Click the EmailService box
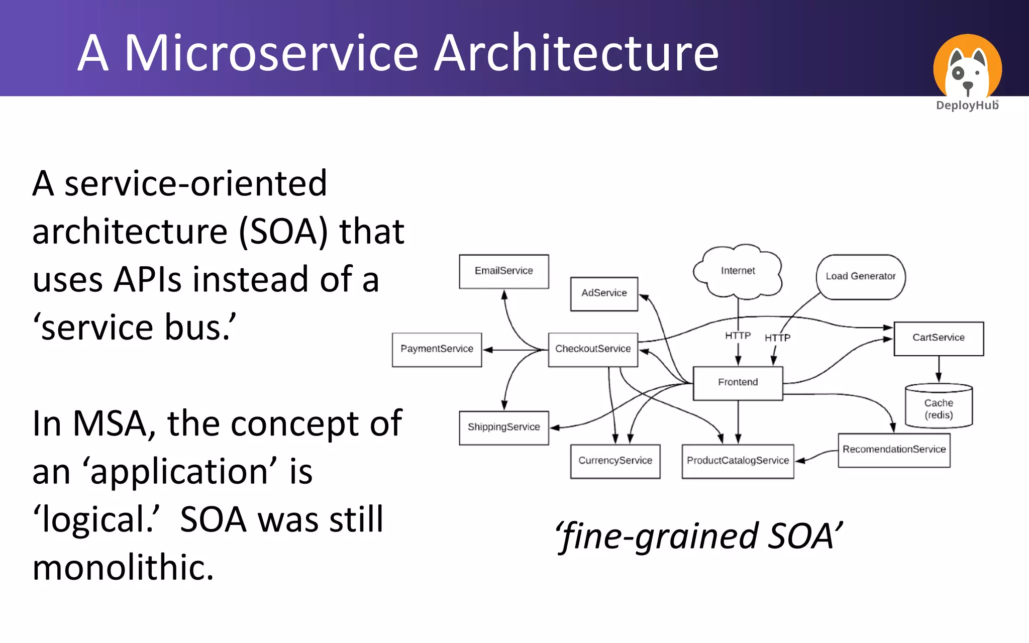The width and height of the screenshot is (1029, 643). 503,271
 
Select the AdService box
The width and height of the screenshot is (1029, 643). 604,294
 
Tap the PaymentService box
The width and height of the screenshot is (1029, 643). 437,350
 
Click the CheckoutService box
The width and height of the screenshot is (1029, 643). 593,350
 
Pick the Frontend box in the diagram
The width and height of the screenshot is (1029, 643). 738,383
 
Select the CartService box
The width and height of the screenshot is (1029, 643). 938,339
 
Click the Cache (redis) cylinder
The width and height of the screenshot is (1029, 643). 938,407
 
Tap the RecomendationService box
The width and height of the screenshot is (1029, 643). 894,450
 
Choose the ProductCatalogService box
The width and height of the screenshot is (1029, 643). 738,461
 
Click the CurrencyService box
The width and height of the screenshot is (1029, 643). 615,461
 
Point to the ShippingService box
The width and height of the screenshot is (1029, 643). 503,427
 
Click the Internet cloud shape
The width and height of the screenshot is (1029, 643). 738,271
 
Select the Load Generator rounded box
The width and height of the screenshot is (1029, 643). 860,277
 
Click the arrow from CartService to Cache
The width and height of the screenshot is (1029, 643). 938,369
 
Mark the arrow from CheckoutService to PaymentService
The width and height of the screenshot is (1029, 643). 515,350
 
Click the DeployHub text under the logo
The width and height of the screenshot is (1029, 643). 967,105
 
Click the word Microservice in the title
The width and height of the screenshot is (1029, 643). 271,53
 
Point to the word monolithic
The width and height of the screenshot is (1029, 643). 123,568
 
